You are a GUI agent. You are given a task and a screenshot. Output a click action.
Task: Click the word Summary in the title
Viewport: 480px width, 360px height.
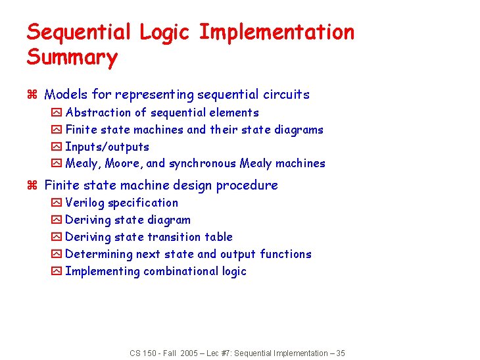point(72,57)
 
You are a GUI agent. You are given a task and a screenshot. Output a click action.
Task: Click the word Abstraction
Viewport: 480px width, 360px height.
point(97,113)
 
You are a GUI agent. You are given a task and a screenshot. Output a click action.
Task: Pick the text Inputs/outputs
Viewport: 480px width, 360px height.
point(107,147)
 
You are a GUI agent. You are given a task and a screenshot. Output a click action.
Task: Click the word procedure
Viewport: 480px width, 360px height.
point(248,186)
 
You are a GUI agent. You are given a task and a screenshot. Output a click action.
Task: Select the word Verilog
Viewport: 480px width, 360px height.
point(85,203)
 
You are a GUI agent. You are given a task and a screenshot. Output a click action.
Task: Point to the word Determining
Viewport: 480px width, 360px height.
point(99,254)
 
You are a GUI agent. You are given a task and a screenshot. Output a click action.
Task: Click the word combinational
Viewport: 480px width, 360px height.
point(181,271)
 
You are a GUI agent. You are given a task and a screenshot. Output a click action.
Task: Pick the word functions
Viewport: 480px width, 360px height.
point(285,254)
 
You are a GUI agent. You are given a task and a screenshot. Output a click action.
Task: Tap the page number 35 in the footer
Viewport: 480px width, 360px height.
point(340,353)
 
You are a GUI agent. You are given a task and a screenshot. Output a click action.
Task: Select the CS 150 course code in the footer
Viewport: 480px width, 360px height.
point(143,353)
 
